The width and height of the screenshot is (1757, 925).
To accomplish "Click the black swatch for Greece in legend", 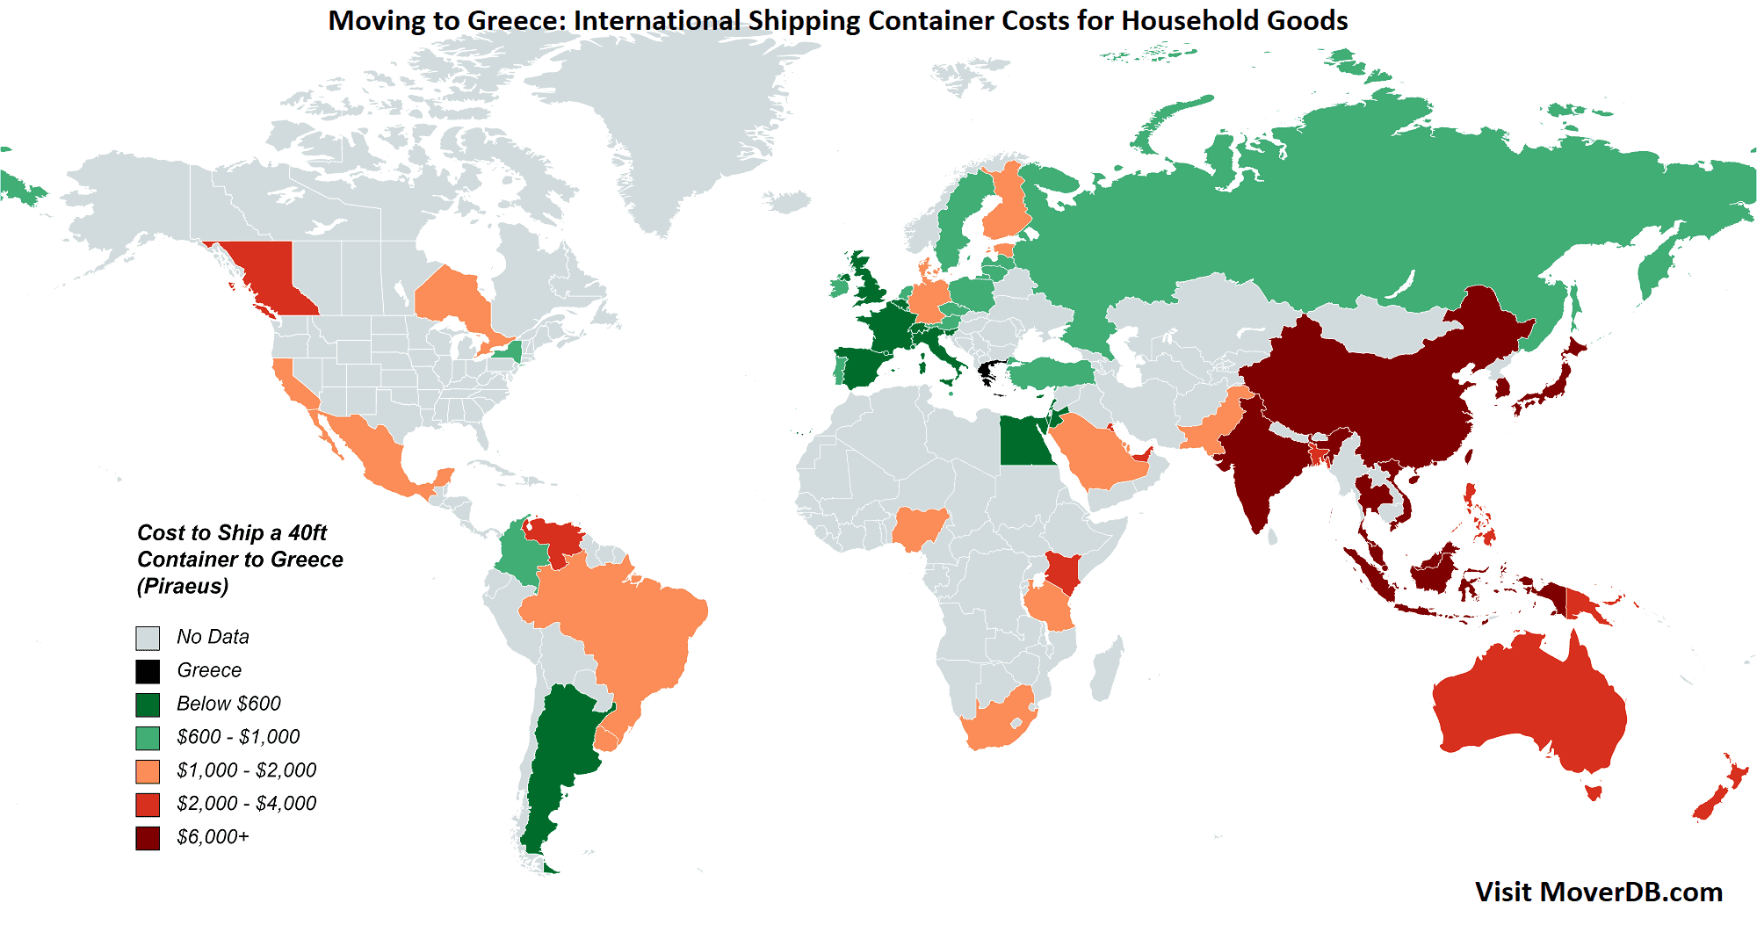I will [x=148, y=671].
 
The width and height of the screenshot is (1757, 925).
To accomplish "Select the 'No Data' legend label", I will [x=213, y=637].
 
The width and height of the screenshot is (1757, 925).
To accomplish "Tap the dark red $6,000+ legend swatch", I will [x=148, y=838].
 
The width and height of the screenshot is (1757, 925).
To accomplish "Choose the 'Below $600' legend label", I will [x=228, y=704].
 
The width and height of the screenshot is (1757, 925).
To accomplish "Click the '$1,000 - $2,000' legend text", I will [x=246, y=770].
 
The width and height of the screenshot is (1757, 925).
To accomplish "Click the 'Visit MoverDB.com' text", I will [x=1598, y=892].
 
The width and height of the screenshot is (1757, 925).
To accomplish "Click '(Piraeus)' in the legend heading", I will [x=183, y=586].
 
